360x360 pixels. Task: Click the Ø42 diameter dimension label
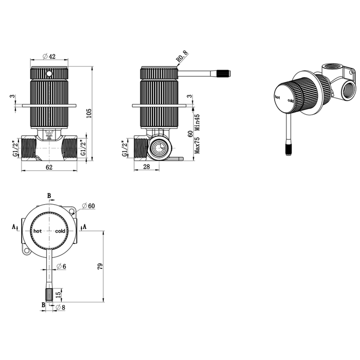(49, 56)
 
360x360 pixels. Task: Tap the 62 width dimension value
(49, 167)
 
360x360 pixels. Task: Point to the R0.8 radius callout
(182, 57)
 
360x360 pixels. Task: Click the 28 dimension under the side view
(147, 167)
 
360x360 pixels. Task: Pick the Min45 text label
(197, 122)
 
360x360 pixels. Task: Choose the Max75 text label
(197, 146)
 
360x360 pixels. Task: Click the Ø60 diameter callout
(88, 206)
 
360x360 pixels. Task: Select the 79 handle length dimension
(101, 266)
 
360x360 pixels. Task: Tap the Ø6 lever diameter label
(61, 266)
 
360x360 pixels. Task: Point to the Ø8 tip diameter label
(60, 307)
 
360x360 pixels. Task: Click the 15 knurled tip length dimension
(59, 295)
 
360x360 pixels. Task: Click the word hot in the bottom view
(38, 231)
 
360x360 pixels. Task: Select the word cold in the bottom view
(60, 231)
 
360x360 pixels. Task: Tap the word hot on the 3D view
(277, 97)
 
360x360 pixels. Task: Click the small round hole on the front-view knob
(49, 74)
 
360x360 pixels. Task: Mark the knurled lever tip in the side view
(224, 74)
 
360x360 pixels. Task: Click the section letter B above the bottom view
(49, 196)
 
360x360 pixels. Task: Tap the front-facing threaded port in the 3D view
(348, 92)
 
